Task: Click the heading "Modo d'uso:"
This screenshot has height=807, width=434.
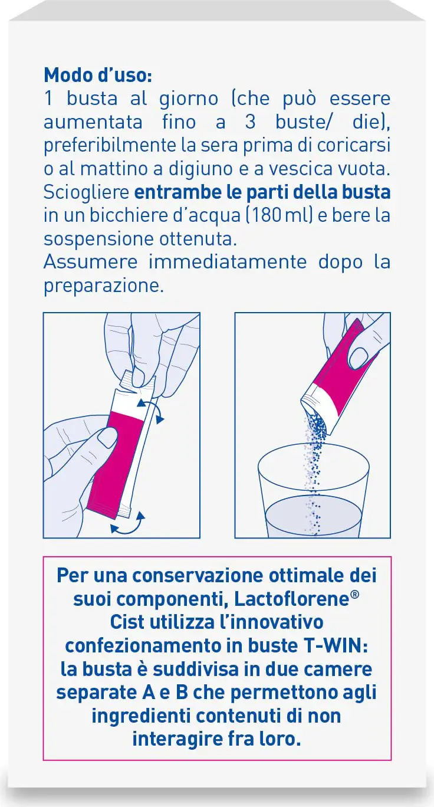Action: click(x=98, y=75)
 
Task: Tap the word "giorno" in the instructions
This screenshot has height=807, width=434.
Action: click(x=189, y=99)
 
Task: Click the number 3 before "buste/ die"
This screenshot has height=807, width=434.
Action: click(x=250, y=122)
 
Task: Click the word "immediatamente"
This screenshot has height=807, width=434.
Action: click(x=227, y=262)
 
